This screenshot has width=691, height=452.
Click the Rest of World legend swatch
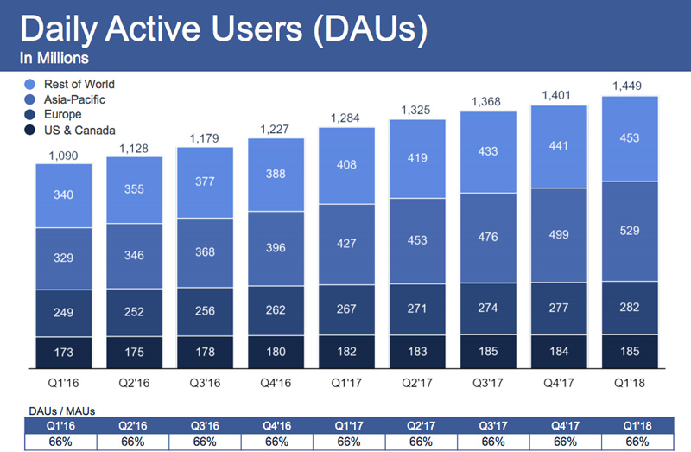pos(30,85)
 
